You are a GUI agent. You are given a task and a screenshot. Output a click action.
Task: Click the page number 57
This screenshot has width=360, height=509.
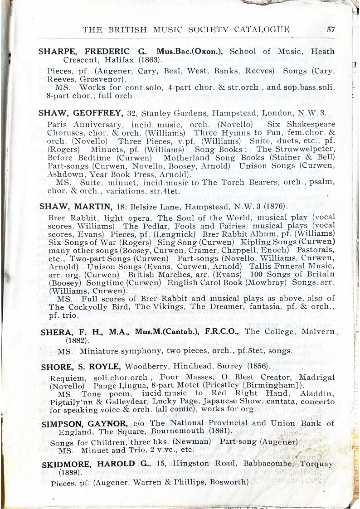[x=331, y=30]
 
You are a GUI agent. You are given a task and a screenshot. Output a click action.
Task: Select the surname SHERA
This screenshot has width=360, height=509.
[x=55, y=331]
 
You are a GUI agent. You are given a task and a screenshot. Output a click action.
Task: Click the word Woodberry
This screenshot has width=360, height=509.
[x=144, y=366]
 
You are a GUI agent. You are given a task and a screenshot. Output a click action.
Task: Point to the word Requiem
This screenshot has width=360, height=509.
[x=66, y=378]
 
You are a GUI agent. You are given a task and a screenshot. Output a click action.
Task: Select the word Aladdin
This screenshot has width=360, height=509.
[x=317, y=394]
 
